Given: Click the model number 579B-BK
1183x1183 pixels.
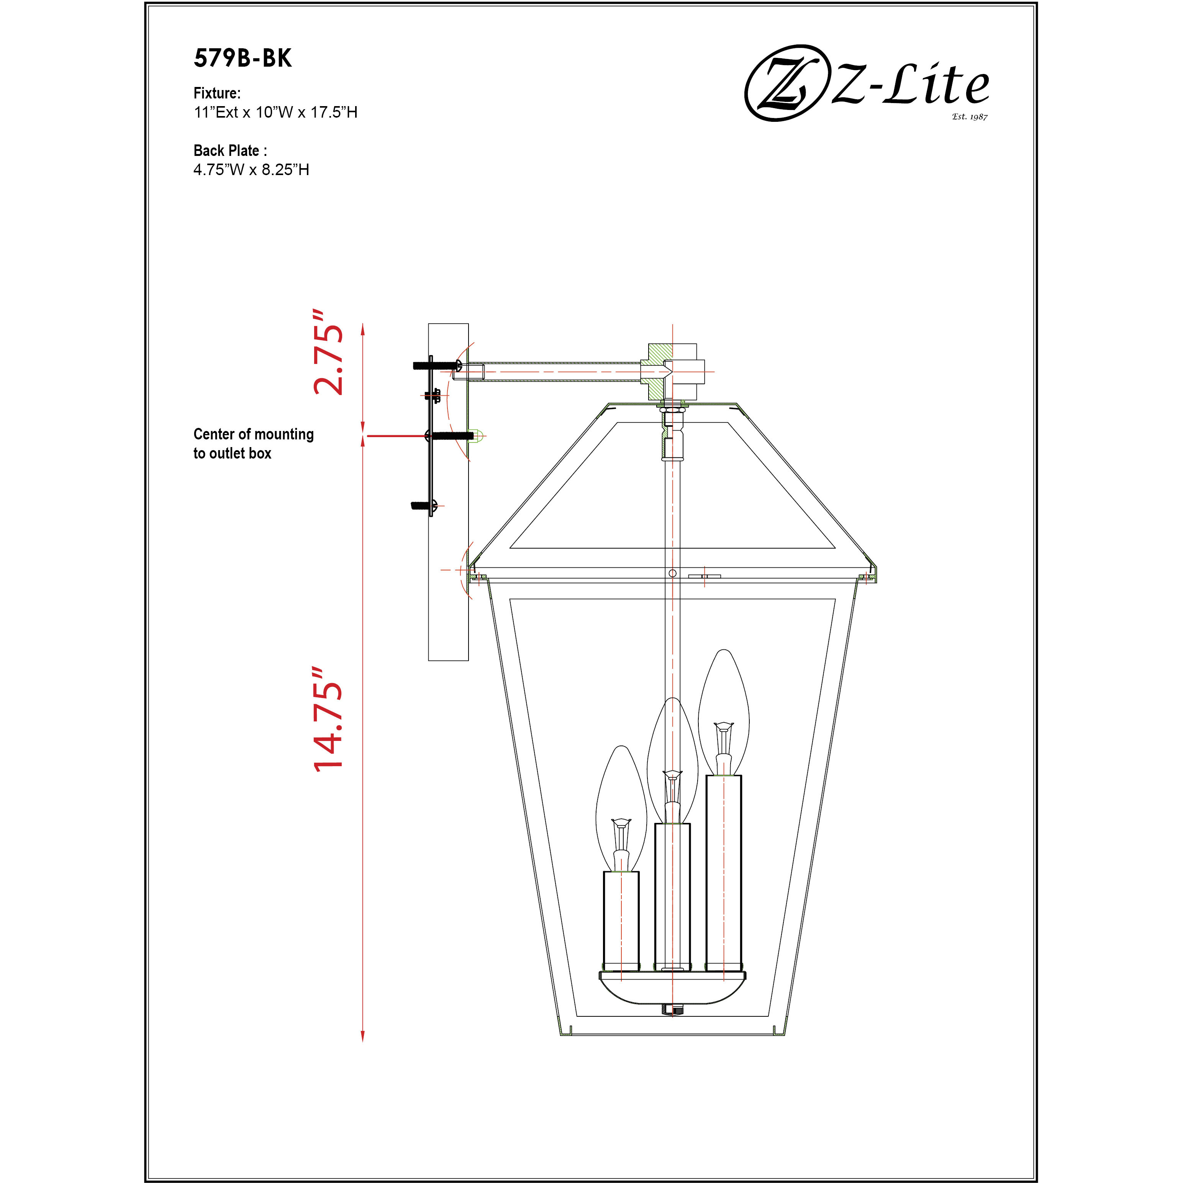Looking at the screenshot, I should pos(242,59).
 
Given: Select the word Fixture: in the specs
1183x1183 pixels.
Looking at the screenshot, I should pos(217,93).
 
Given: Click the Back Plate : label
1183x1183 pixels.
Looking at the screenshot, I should pos(229,151).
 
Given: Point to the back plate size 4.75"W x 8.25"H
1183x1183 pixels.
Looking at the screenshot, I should pos(251,170).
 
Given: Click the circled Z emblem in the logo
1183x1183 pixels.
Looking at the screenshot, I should pos(784,83).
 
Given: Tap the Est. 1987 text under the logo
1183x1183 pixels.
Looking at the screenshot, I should pos(969,116).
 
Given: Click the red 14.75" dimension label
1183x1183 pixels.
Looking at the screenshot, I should pos(329,719).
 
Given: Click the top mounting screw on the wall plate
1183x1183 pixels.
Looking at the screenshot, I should pos(436,365).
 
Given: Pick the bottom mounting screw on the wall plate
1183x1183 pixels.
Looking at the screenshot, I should pos(423,506).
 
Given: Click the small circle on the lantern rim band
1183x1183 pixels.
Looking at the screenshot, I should pos(672,573).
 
